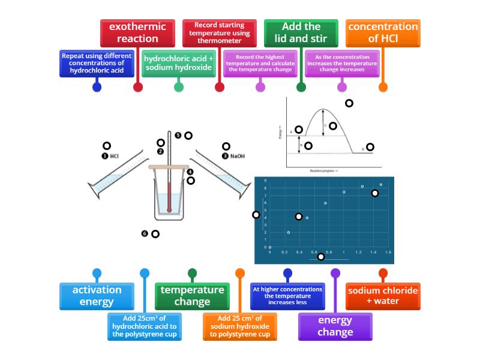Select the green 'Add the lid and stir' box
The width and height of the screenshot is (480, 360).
click(301, 33)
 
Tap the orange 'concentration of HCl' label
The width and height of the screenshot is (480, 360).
click(383, 33)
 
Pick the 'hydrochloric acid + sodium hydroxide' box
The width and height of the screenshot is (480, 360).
click(178, 63)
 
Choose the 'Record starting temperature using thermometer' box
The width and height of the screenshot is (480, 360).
click(219, 33)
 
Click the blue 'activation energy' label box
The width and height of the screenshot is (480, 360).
click(97, 296)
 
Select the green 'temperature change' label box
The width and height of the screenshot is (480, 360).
click(192, 296)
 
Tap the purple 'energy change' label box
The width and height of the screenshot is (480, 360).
click(335, 326)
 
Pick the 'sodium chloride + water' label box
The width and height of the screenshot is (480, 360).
click(383, 296)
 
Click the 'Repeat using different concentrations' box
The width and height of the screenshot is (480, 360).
click(97, 63)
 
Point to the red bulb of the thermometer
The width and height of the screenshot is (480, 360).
click(170, 209)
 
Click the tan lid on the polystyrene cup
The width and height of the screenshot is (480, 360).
click(169, 167)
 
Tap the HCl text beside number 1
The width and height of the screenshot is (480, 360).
click(115, 156)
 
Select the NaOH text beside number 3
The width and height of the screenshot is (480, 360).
click(238, 156)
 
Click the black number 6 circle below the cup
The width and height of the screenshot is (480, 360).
click(145, 233)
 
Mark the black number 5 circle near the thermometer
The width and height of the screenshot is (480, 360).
click(178, 135)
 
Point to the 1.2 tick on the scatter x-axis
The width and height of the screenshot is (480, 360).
click(358, 253)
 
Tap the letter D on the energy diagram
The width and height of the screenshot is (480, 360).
click(363, 148)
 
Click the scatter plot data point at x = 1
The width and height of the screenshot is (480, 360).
click(344, 192)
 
